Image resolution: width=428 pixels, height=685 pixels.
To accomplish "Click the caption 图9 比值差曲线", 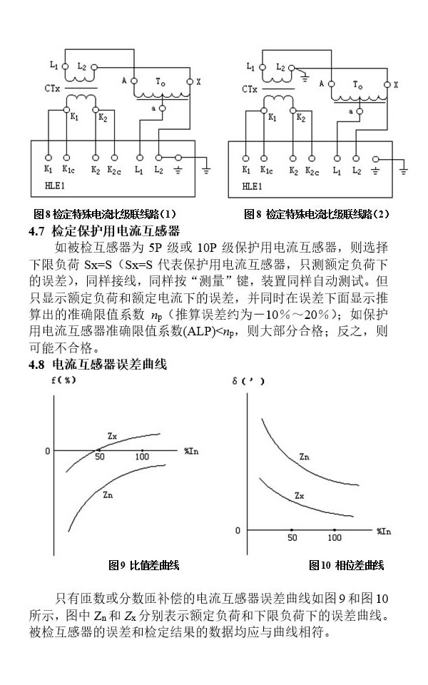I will pyautogui.click(x=143, y=565).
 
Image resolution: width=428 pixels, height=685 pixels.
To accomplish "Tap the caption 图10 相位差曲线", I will pyautogui.click(x=346, y=565).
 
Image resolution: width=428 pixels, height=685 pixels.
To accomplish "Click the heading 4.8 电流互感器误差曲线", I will pyautogui.click(x=97, y=365).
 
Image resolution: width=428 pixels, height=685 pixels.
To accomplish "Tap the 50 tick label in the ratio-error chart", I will pyautogui.click(x=100, y=457).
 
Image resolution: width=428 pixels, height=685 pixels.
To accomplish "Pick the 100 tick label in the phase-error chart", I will pyautogui.click(x=335, y=537).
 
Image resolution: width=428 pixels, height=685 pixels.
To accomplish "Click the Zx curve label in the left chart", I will pyautogui.click(x=112, y=435).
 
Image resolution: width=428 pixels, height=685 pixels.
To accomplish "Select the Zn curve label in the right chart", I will pyautogui.click(x=305, y=456).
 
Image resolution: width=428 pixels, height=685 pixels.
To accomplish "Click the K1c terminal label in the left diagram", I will pyautogui.click(x=68, y=170).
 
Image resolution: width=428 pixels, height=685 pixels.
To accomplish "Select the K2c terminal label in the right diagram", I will pyautogui.click(x=312, y=171).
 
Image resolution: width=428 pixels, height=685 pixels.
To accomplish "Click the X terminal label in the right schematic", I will pyautogui.click(x=396, y=84).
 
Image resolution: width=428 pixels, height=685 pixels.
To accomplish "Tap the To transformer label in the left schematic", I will pyautogui.click(x=161, y=83).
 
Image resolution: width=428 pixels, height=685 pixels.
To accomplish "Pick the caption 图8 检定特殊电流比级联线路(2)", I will pyautogui.click(x=317, y=214).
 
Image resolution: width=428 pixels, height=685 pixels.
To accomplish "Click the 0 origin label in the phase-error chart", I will pyautogui.click(x=238, y=530).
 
